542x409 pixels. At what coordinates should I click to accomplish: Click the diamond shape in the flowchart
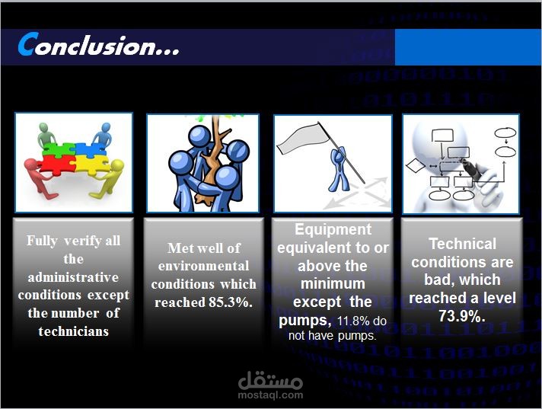click(416, 165)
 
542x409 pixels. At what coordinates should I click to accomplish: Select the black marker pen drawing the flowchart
click(471, 171)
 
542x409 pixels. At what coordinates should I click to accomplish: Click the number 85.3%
click(231, 302)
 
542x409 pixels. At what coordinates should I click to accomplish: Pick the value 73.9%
click(462, 315)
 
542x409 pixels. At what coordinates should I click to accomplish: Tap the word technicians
click(74, 331)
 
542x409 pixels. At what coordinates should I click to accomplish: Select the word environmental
click(203, 266)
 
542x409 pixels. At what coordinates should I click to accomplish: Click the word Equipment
click(333, 229)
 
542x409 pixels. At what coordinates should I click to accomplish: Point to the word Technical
click(463, 244)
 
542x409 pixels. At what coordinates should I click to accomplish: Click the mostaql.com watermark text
click(270, 395)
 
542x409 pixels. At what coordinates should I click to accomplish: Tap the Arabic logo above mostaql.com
click(270, 379)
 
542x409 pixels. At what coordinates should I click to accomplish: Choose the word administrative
click(73, 277)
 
